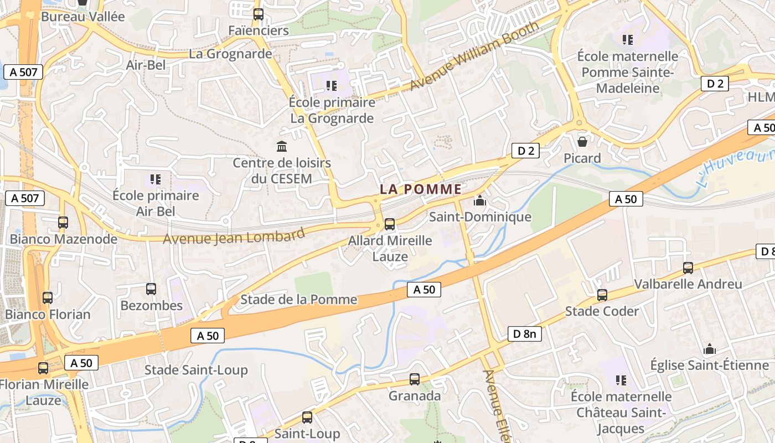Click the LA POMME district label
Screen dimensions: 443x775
[421, 189]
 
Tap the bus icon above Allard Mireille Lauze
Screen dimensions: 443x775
[390, 224]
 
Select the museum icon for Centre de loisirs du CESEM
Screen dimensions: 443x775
[282, 147]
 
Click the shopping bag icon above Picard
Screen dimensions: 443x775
[582, 142]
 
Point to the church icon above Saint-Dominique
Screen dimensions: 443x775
[480, 200]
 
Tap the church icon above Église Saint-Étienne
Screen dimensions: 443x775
[709, 349]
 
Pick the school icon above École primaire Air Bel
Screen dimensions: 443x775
[156, 179]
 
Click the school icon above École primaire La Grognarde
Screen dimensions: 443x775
[332, 86]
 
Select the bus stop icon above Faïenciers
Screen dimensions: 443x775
[259, 14]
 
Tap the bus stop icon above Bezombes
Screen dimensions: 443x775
[151, 289]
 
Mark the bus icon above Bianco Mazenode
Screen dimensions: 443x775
[63, 223]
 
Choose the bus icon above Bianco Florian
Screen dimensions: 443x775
[48, 298]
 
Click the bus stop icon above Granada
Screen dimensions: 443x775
[415, 379]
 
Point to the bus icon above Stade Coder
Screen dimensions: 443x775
[602, 295]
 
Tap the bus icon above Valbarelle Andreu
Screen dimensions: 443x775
[688, 268]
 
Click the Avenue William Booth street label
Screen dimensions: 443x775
[474, 56]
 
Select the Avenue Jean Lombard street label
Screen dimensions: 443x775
[234, 237]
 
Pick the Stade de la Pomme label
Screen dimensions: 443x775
[298, 300]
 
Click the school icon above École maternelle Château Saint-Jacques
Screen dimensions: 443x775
[621, 380]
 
